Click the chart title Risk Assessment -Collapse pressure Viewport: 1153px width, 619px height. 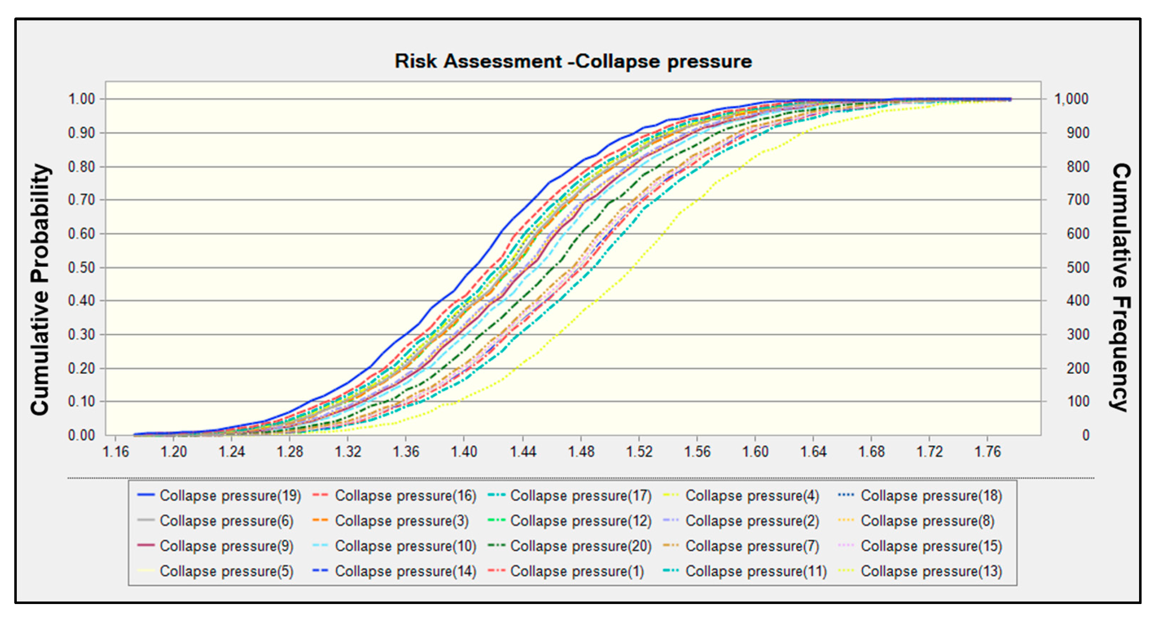(x=573, y=61)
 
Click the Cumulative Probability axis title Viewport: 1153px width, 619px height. (x=40, y=289)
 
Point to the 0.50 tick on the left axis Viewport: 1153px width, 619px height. (x=81, y=268)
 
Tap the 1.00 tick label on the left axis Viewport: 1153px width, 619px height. (x=81, y=99)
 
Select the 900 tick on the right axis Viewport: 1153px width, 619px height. (x=1078, y=133)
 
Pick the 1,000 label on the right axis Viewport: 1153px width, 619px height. (x=1071, y=99)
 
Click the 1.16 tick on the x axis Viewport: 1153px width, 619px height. (x=116, y=452)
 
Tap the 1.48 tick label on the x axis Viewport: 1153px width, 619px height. (x=581, y=452)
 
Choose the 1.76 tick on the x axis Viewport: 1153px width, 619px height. (x=987, y=452)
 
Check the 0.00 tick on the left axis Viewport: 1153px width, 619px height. (x=81, y=435)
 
